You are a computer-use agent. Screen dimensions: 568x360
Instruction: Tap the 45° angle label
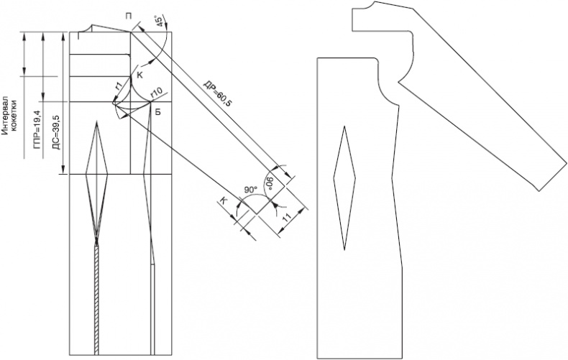coord(158,21)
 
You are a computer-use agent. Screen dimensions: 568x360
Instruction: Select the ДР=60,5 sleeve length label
coord(218,93)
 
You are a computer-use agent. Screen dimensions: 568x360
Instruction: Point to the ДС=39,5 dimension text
coord(57,132)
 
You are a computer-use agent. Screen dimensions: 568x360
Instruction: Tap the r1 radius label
coord(119,86)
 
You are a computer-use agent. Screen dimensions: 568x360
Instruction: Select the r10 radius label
coord(156,93)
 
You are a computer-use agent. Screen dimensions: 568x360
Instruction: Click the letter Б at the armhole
coord(157,113)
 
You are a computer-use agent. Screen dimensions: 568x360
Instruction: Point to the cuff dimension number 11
coord(287,217)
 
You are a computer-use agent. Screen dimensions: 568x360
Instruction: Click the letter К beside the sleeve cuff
coord(224,202)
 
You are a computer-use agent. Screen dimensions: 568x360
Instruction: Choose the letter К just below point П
coord(140,75)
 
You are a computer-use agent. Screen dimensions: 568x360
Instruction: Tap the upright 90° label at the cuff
coord(250,190)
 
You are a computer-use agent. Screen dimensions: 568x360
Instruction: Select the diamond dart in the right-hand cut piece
coord(344,188)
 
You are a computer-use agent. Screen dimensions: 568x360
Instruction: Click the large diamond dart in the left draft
coord(97,181)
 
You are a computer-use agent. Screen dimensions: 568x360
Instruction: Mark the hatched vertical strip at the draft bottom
coord(96,300)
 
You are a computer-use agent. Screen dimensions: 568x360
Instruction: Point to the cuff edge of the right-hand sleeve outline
coord(554,175)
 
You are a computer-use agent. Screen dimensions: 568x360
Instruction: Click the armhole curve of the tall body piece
coord(385,87)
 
